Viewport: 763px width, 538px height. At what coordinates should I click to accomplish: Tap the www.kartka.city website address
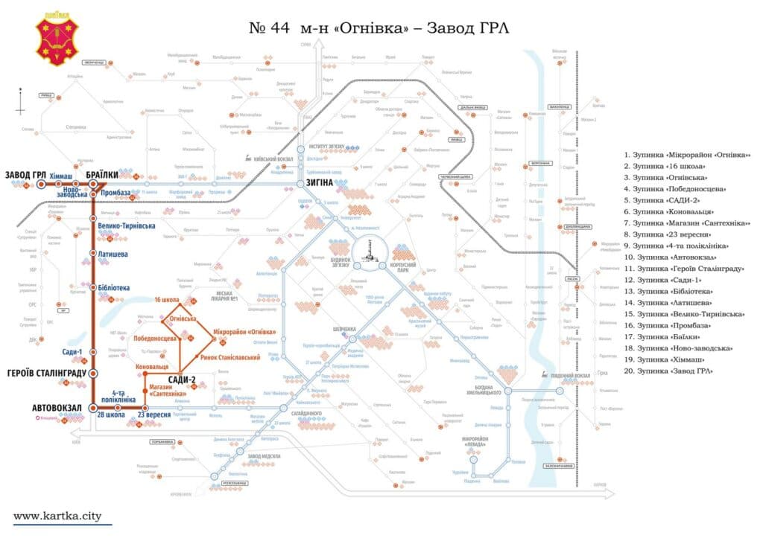click(x=57, y=515)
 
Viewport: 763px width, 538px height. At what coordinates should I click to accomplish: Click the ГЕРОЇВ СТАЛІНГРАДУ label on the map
click(x=46, y=373)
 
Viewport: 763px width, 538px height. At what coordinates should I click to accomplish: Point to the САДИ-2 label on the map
click(x=182, y=380)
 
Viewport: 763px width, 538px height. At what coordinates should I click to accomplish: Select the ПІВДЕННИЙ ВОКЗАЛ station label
click(x=574, y=375)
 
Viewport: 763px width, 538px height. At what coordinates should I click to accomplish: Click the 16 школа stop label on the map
click(x=168, y=300)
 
